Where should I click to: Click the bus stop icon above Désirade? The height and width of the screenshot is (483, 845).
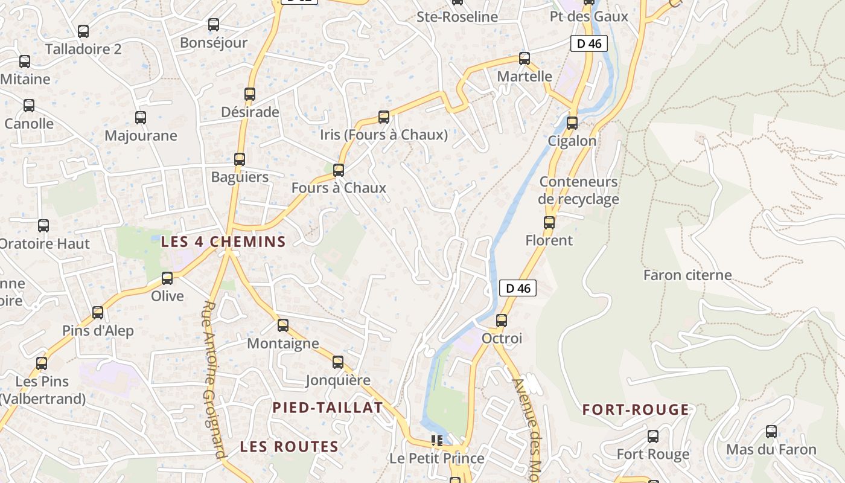250,94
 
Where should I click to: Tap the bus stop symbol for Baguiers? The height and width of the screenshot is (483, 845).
240,159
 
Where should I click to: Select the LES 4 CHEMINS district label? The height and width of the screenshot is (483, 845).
223,242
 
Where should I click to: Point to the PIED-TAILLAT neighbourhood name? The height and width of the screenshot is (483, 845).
328,408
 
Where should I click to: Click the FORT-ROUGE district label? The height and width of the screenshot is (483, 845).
636,410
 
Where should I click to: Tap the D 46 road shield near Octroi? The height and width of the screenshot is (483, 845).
518,289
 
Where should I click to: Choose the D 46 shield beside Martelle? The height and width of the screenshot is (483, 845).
588,43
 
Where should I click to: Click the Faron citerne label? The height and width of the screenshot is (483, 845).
687,275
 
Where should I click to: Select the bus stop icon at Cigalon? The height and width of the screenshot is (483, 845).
572,123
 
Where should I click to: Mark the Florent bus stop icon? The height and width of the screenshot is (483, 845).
549,223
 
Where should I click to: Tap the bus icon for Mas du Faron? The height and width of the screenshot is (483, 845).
771,432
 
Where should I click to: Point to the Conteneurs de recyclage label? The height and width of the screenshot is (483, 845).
578,190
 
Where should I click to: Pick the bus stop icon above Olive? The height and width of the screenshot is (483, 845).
167,278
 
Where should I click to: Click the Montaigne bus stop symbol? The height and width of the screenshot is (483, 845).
283,325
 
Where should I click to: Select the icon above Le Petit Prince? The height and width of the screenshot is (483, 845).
438,441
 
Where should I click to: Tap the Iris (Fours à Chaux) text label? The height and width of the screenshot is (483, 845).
384,135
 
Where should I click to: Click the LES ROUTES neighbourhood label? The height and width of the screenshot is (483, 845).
289,447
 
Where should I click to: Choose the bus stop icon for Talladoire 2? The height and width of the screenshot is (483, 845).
83,31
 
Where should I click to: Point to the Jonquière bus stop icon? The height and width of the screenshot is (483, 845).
338,362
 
